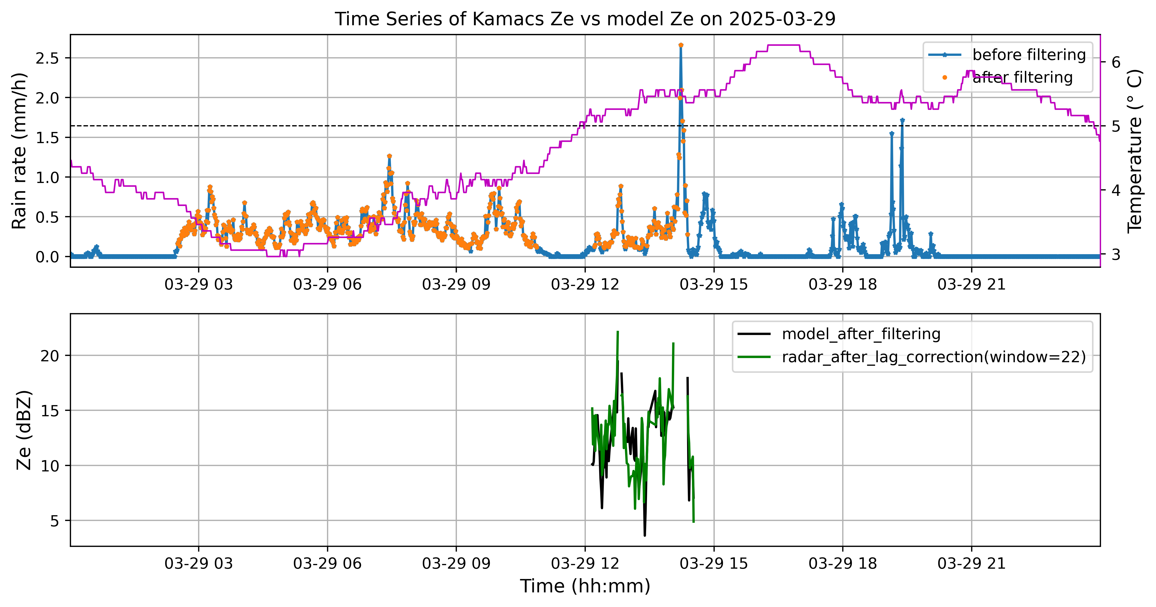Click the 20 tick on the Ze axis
click(50, 356)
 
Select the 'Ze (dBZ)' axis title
click(24, 430)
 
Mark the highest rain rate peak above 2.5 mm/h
click(681, 45)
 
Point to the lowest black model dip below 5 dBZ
click(645, 535)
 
